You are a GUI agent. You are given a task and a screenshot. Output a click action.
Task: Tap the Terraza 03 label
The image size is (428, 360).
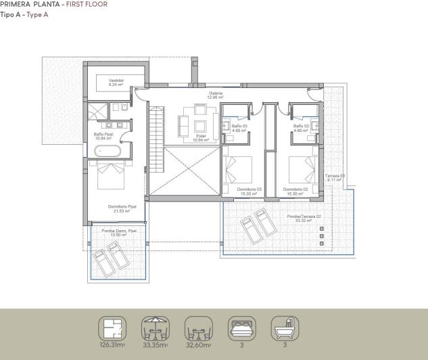point(335,178)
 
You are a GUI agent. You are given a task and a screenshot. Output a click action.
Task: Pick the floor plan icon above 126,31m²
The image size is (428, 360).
point(112,329)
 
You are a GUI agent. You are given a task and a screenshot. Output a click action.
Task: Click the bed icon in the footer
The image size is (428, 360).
point(241,329)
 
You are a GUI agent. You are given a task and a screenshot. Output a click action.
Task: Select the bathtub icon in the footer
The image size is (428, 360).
point(285,329)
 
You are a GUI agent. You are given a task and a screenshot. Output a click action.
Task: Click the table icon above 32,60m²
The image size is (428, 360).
point(198,329)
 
